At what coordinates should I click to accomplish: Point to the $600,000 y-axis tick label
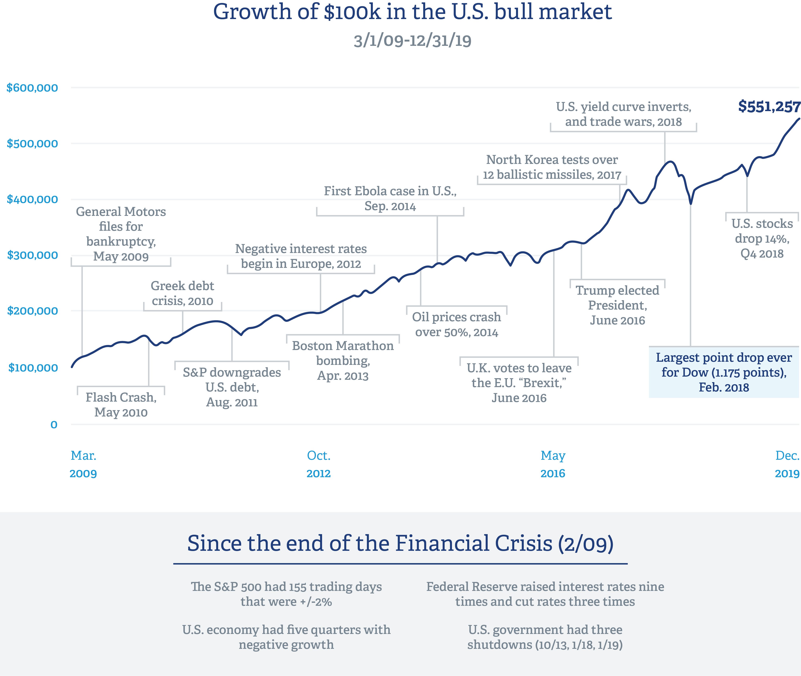tap(33, 88)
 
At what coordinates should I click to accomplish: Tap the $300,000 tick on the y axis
tap(33, 255)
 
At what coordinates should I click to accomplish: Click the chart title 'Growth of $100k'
tap(412, 12)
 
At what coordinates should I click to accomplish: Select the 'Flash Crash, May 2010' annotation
tap(121, 405)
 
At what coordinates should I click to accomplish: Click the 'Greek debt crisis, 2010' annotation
tap(182, 293)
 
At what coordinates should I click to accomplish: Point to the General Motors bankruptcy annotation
tap(121, 234)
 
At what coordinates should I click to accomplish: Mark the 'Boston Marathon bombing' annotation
tap(343, 361)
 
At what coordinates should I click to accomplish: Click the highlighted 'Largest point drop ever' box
tap(724, 372)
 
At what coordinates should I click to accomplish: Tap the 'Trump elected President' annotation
tap(618, 305)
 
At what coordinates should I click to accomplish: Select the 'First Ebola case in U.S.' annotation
tap(390, 198)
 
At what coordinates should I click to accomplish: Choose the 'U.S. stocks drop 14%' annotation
tap(762, 238)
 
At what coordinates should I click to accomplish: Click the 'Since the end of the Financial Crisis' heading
tap(400, 543)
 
